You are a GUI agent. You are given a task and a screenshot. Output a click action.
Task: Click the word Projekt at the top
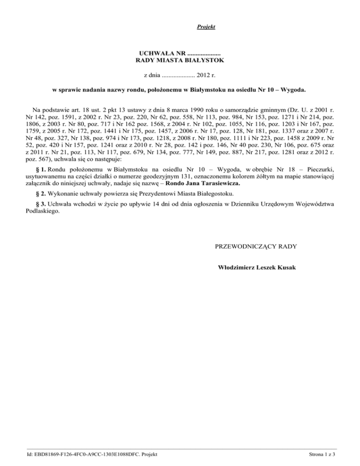206,27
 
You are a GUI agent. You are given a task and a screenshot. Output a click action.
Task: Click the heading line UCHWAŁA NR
180,54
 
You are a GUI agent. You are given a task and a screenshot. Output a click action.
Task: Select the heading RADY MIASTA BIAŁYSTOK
180,61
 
